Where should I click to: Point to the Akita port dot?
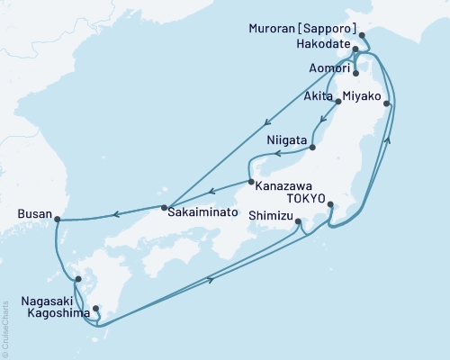point(338,102)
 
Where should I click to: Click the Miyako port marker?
point(387,104)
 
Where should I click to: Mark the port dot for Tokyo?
point(330,204)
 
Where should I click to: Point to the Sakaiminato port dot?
point(164,209)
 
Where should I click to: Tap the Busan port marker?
point(56,218)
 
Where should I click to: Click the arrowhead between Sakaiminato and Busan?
point(115,213)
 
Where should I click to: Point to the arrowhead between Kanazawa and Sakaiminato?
point(211,191)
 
